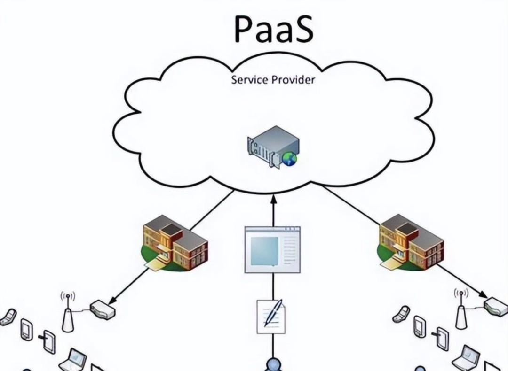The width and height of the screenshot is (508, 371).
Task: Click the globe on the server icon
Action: pos(290,159)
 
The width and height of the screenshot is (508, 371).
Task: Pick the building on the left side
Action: pos(175,243)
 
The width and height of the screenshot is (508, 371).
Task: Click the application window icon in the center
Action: pos(272,249)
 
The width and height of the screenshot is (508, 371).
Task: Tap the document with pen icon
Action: pos(271,316)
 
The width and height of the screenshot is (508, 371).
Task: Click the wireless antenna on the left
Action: pos(68,312)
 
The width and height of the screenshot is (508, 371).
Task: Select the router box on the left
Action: pos(102,310)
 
